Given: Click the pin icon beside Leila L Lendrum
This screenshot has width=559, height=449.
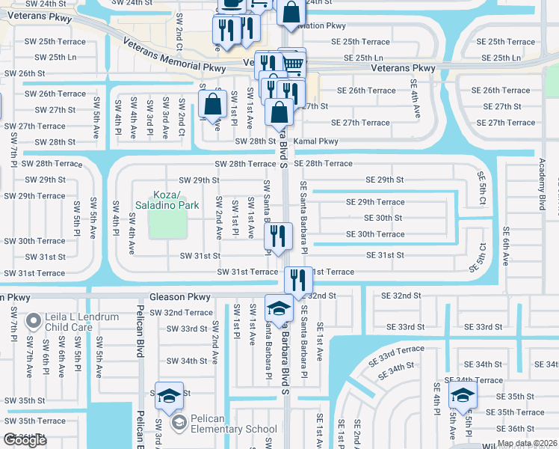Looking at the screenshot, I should pyautogui.click(x=33, y=322).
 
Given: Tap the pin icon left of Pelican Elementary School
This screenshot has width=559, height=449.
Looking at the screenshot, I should pyautogui.click(x=179, y=424).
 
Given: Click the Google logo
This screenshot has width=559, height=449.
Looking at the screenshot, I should pyautogui.click(x=25, y=440).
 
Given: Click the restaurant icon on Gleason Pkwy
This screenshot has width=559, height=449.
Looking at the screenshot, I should pyautogui.click(x=298, y=281).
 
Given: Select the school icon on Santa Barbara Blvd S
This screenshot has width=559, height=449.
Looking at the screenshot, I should pyautogui.click(x=279, y=309).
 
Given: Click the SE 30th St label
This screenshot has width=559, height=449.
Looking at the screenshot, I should pyautogui.click(x=383, y=218).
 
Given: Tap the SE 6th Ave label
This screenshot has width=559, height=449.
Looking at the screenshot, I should pyautogui.click(x=506, y=246).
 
